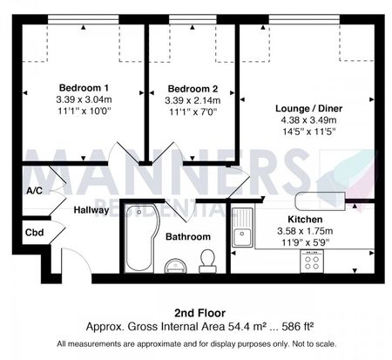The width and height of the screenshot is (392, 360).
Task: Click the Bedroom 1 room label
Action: (x=84, y=87)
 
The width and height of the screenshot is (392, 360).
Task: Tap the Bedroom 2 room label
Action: (x=193, y=89)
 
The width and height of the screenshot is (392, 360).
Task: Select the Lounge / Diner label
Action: (x=309, y=108)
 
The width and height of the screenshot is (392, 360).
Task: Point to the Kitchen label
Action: (x=305, y=219)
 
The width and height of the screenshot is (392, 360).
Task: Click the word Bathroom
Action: (x=188, y=236)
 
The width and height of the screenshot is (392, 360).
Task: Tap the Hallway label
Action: (x=91, y=210)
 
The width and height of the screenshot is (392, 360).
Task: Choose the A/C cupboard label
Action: (x=34, y=191)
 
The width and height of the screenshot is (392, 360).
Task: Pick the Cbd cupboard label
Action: (x=34, y=233)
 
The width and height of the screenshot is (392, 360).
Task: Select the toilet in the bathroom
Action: (x=207, y=262)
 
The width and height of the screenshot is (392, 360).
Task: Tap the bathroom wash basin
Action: (x=176, y=266)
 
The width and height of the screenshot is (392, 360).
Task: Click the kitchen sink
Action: (x=242, y=227)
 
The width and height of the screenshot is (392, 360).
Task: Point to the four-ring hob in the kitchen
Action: (x=312, y=261)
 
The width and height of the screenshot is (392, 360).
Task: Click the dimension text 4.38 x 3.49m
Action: (x=309, y=120)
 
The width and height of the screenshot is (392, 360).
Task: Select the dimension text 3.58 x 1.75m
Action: (x=305, y=231)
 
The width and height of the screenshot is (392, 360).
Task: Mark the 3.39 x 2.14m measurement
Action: (x=193, y=100)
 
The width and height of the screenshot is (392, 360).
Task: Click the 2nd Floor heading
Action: (x=199, y=313)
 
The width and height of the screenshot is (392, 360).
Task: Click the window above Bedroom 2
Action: (x=193, y=19)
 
